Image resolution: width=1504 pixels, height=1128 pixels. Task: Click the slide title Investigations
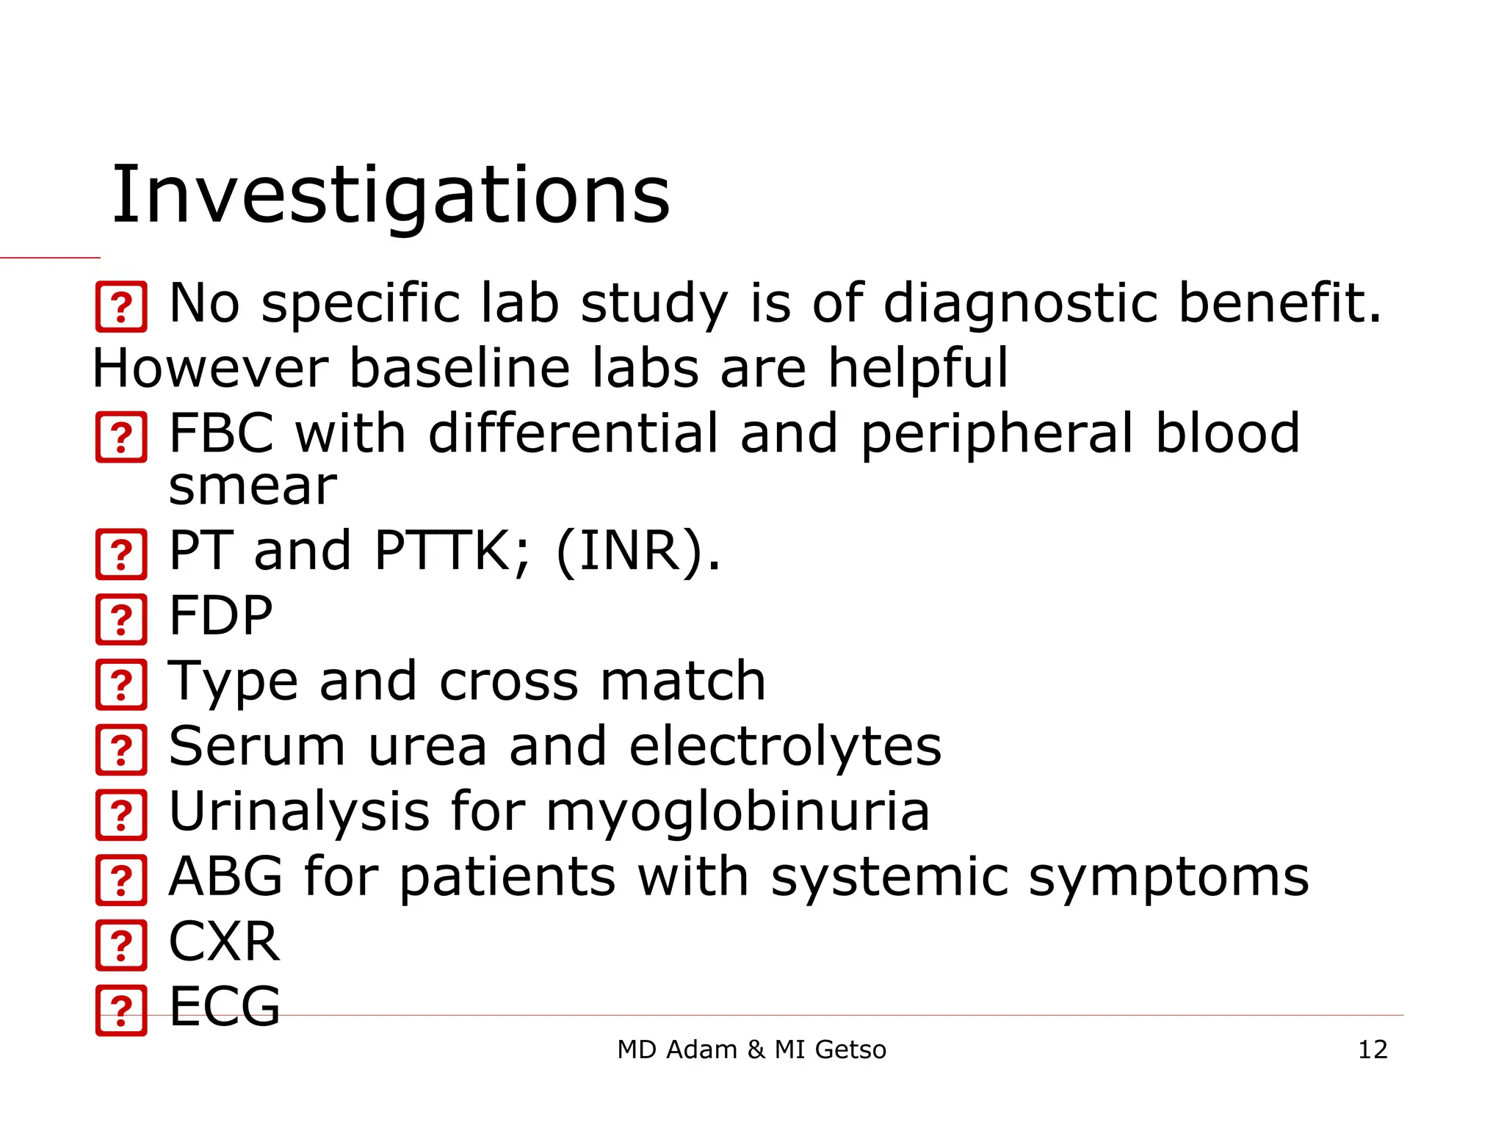390,195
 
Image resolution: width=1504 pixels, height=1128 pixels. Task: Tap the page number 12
1372,1049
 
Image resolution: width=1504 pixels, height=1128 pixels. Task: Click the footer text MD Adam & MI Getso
751,1049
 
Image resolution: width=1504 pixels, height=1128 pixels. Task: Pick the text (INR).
638,551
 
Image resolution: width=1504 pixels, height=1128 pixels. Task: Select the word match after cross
683,681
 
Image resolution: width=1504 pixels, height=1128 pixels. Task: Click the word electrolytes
785,746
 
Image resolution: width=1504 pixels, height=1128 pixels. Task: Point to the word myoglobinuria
737,812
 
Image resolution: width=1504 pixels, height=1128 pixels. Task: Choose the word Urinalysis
299,811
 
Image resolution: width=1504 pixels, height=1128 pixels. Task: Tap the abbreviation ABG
225,876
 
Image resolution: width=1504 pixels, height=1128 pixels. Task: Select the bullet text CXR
224,941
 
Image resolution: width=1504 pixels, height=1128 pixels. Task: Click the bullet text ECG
224,1006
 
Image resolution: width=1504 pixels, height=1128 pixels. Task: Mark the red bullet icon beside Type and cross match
121,684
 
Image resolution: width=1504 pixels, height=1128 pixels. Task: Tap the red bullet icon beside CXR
121,945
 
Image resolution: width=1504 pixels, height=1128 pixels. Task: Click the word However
210,368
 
